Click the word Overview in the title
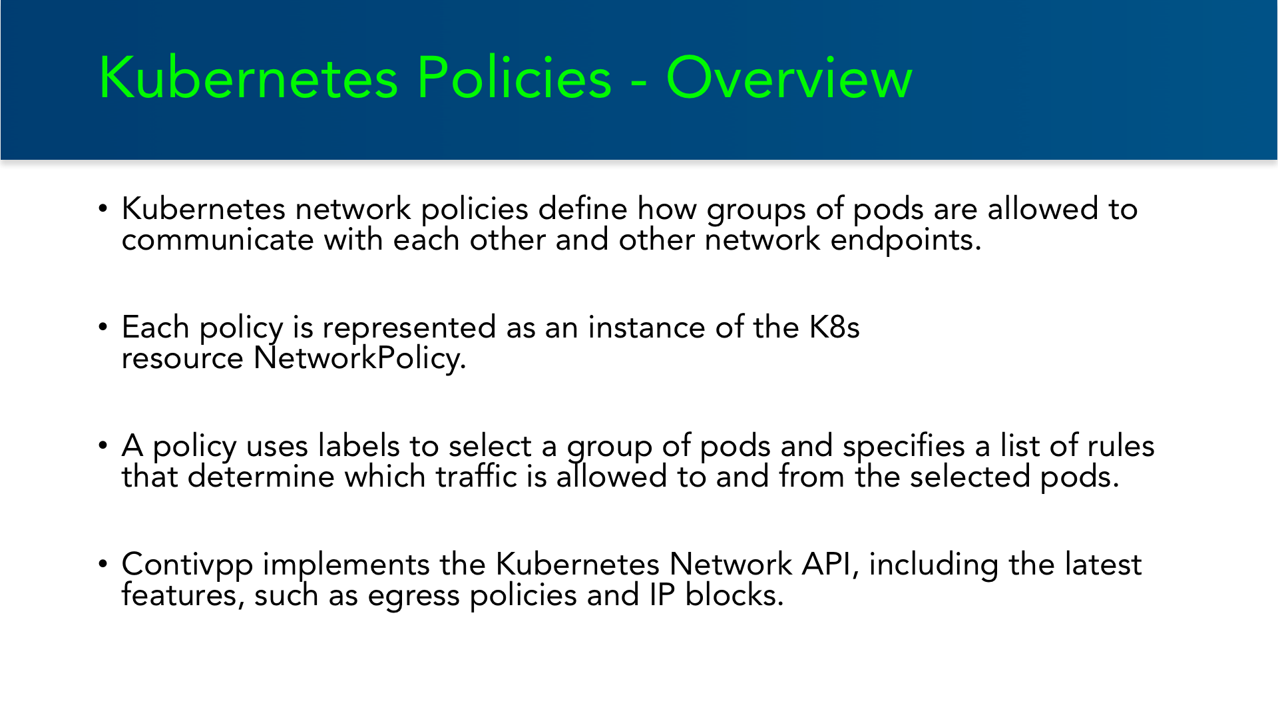point(789,78)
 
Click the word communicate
point(218,240)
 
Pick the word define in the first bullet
point(582,209)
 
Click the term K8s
point(834,328)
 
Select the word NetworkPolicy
point(359,359)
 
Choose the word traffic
point(476,477)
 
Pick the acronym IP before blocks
point(662,595)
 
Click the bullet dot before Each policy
point(103,327)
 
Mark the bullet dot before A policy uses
point(103,445)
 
